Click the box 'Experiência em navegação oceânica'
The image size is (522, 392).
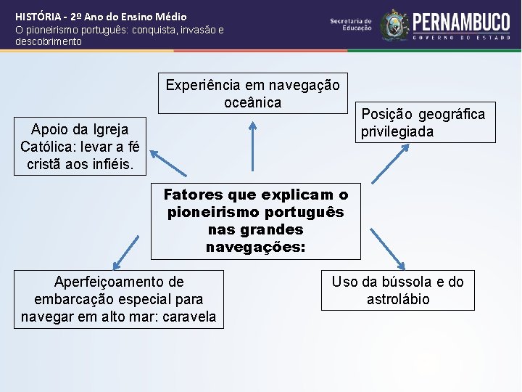(252, 94)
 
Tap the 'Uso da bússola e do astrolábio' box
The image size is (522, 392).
(397, 290)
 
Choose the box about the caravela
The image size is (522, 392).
(119, 298)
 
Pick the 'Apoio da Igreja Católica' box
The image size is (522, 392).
(80, 147)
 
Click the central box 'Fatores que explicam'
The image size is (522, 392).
(255, 221)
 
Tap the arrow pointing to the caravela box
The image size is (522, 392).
(125, 251)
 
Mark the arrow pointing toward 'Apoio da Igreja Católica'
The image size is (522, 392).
(167, 162)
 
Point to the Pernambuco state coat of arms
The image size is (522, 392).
(395, 25)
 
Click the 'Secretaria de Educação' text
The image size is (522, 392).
(351, 25)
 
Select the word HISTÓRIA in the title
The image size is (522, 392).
(38, 16)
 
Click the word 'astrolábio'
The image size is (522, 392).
(398, 299)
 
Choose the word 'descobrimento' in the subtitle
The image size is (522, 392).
(49, 42)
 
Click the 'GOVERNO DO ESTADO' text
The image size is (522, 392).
(460, 36)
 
